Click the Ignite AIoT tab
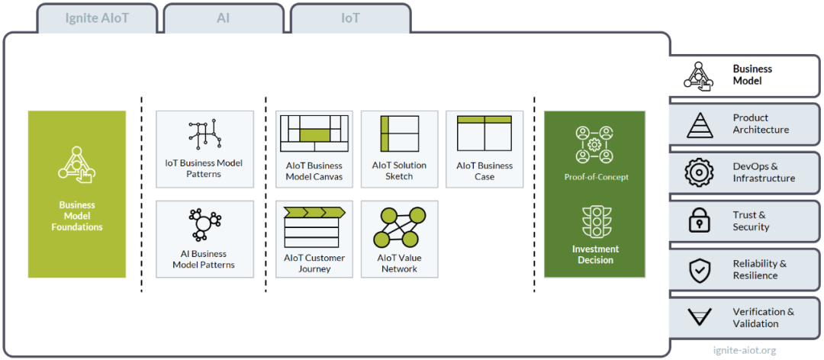(97, 18)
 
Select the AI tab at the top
(224, 18)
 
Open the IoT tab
(350, 18)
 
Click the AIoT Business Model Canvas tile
(314, 149)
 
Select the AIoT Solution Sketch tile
(399, 149)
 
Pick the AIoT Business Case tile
(484, 149)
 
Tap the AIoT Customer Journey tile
(314, 239)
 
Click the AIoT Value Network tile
(399, 239)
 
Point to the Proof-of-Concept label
(596, 177)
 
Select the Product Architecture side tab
(745, 124)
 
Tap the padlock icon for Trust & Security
(700, 220)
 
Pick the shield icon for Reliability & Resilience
(700, 269)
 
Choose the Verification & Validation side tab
(745, 317)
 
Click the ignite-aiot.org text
(744, 350)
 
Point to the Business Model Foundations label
(77, 216)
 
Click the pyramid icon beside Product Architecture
(700, 125)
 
